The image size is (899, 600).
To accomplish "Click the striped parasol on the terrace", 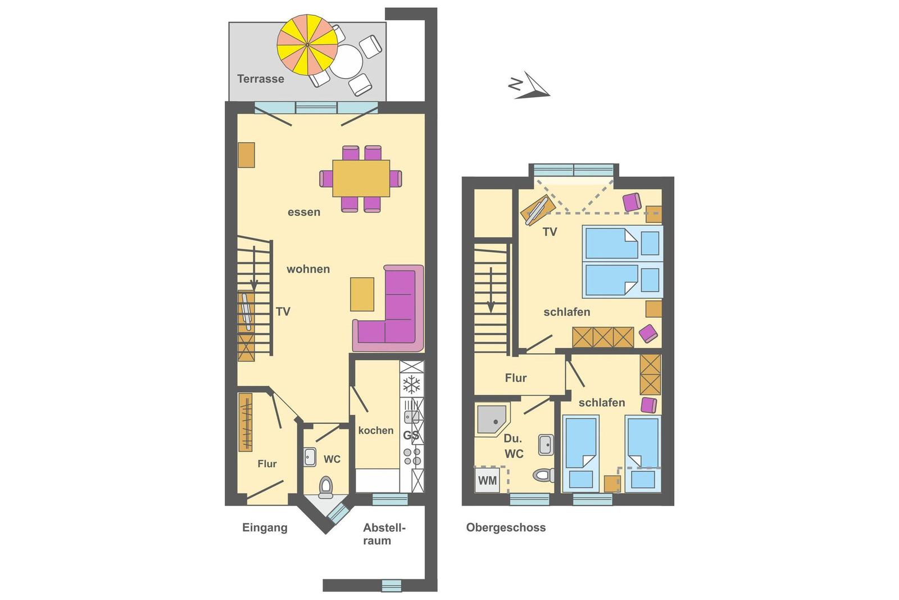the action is [307, 44].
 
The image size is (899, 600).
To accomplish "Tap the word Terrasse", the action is [261, 79].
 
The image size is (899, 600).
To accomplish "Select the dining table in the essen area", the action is [361, 178].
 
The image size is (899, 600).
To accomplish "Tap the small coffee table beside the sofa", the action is [362, 295].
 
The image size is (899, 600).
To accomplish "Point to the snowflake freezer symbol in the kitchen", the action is [411, 384].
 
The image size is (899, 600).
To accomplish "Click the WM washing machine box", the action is [487, 480].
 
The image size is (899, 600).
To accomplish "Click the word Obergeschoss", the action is [506, 527].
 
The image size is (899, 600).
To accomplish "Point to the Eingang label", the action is [265, 527].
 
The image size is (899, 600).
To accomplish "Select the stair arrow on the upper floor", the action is [491, 290].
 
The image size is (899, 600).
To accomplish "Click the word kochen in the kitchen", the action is [376, 431].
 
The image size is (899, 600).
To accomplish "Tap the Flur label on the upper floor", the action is [516, 378].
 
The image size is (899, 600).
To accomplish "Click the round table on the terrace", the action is [346, 61].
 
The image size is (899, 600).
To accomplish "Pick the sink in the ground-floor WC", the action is [310, 457].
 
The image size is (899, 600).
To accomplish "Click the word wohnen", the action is [308, 269].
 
